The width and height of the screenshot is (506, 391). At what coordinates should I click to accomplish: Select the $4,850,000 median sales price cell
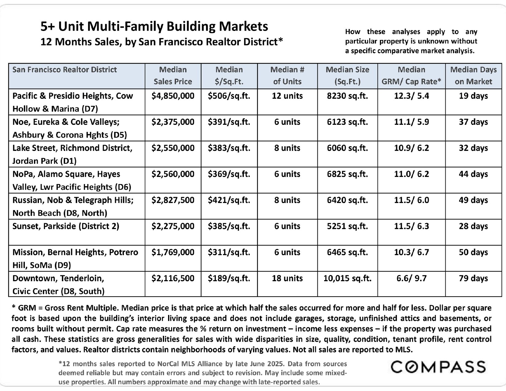click(x=173, y=96)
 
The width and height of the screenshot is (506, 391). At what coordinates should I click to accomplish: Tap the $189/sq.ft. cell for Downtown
click(x=229, y=278)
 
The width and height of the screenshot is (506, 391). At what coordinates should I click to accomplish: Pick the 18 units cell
click(x=287, y=278)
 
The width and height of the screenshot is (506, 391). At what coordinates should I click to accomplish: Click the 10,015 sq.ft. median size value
click(x=347, y=278)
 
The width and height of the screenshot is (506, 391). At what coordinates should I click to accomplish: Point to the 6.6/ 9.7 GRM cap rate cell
click(x=412, y=278)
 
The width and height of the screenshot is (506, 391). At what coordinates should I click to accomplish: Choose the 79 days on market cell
click(x=473, y=278)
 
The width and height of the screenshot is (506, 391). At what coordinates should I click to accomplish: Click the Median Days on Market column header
click(x=473, y=76)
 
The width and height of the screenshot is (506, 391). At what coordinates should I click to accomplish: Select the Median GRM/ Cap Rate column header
click(x=412, y=76)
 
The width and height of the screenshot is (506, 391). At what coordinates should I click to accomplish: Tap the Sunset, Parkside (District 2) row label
click(x=66, y=226)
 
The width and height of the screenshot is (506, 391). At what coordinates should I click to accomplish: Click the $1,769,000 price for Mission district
click(x=173, y=252)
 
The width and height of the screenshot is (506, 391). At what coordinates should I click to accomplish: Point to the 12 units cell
click(x=287, y=96)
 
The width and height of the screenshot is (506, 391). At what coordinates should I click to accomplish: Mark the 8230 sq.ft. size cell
click(x=347, y=96)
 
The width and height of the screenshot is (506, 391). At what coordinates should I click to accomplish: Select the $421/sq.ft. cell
click(x=229, y=200)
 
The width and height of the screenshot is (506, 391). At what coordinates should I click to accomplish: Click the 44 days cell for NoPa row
click(x=473, y=174)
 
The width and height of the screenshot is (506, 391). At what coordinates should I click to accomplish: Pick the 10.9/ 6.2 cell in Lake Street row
click(x=412, y=148)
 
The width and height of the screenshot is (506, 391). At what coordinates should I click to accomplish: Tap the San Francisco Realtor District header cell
click(x=64, y=70)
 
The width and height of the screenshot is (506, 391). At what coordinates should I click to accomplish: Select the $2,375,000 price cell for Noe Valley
click(x=173, y=122)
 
